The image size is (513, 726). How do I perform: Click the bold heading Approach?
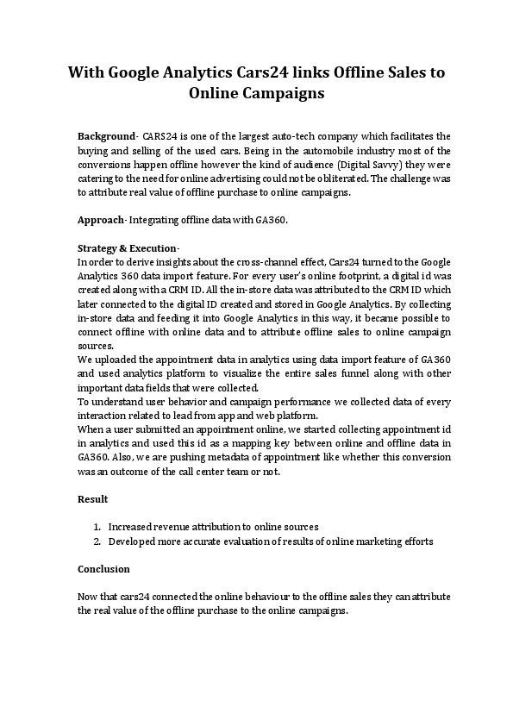(101, 220)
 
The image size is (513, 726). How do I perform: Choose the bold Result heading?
(93, 499)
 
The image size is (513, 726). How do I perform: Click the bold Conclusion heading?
(103, 569)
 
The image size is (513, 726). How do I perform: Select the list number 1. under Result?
(97, 527)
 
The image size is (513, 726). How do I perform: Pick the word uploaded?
(115, 360)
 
